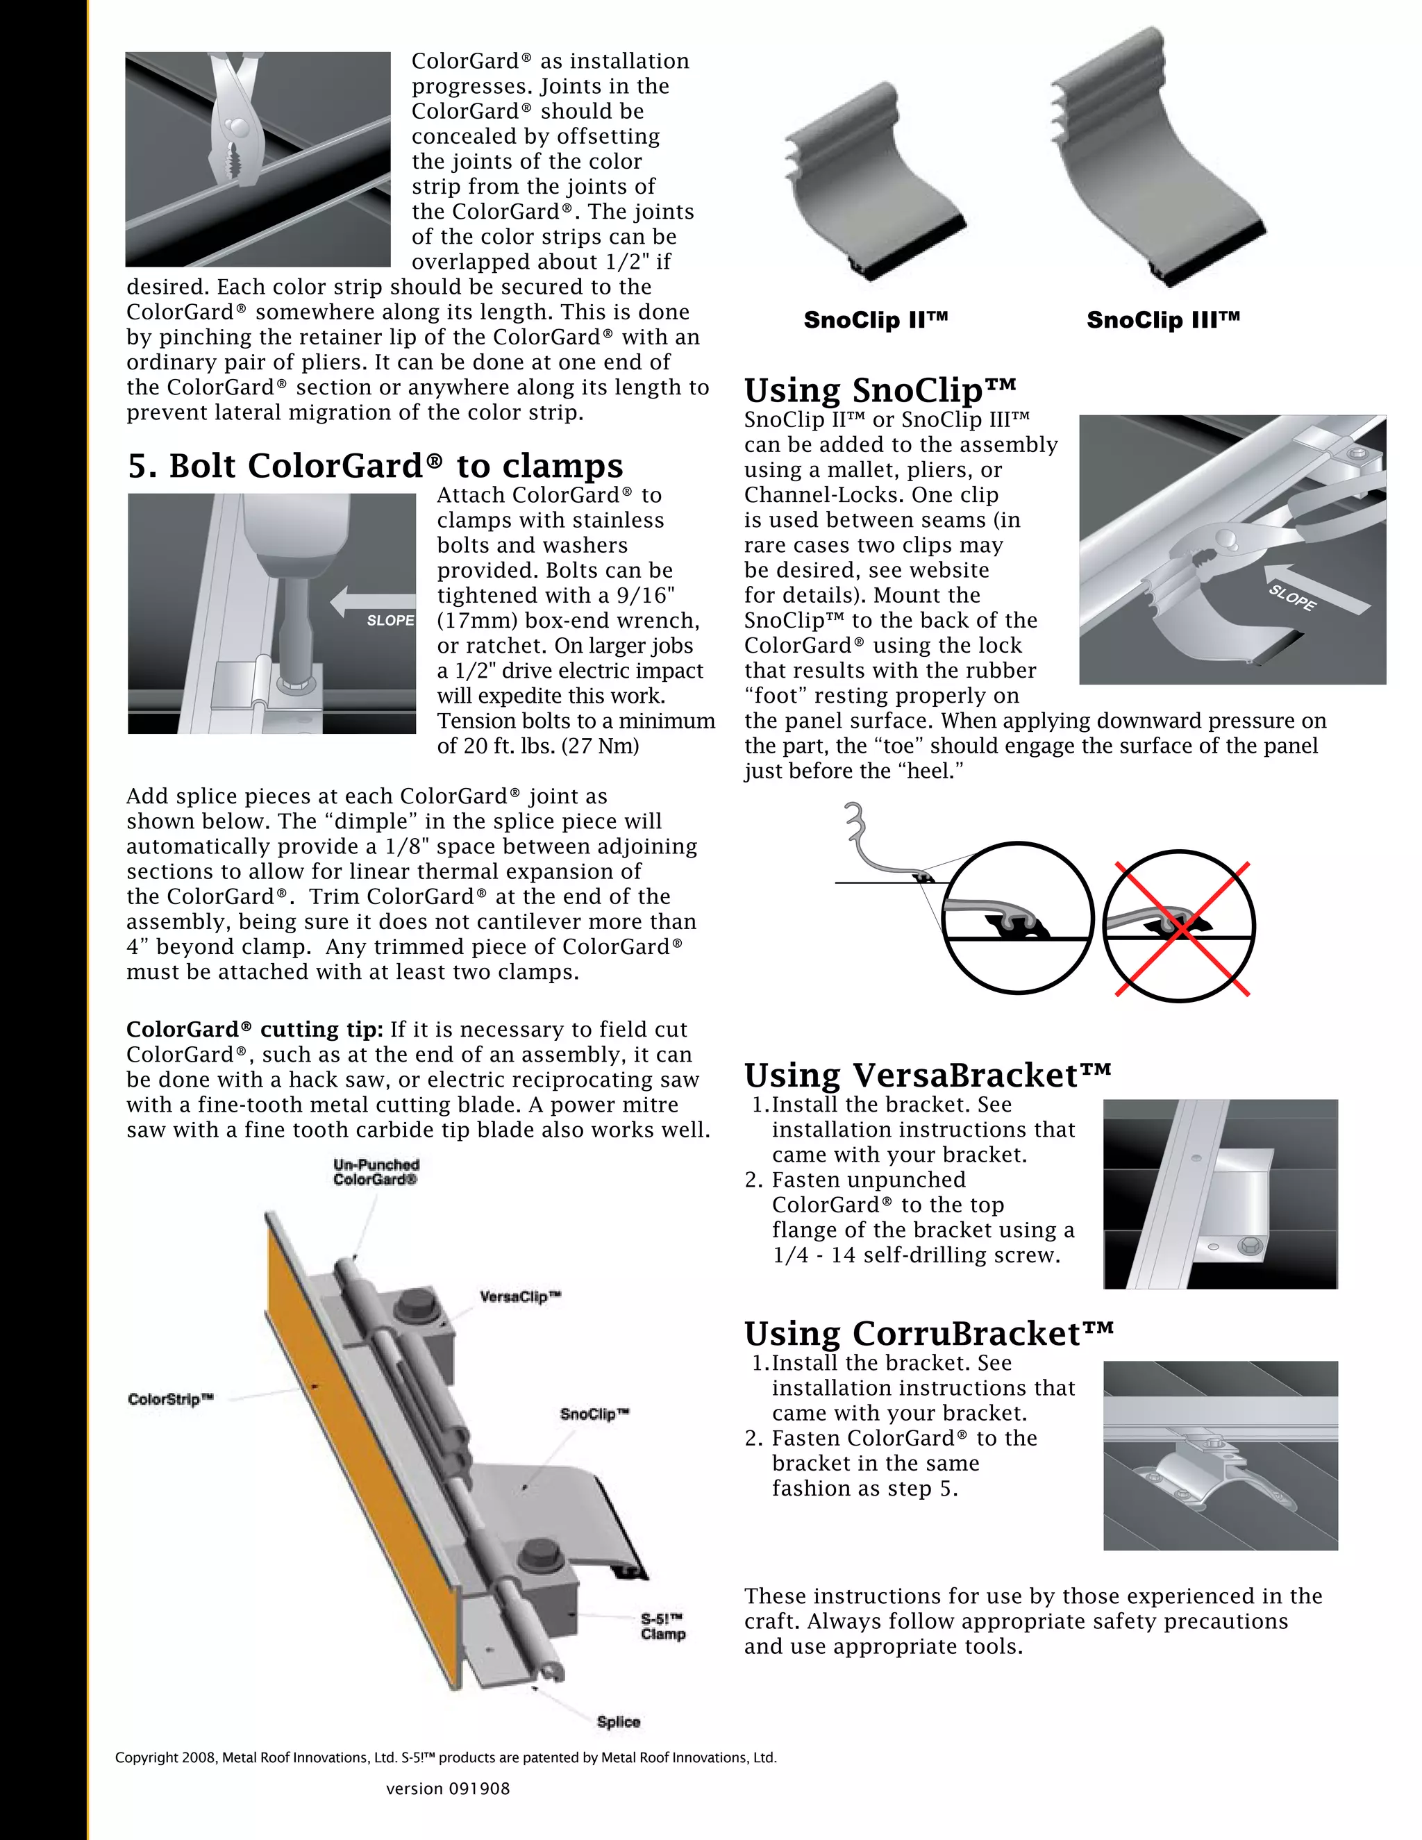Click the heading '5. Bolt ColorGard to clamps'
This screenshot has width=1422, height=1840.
376,466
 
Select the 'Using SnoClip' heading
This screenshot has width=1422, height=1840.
880,390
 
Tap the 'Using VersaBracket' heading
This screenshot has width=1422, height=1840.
927,1075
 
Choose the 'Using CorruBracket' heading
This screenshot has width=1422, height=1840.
928,1334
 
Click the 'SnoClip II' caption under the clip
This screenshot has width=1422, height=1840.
876,320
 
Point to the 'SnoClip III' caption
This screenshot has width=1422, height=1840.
1162,320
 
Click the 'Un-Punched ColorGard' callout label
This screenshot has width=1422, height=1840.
376,1172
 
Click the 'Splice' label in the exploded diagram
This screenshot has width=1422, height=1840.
619,1722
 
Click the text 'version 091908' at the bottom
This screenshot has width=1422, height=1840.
447,1789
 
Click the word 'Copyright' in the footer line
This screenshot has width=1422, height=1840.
146,1757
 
